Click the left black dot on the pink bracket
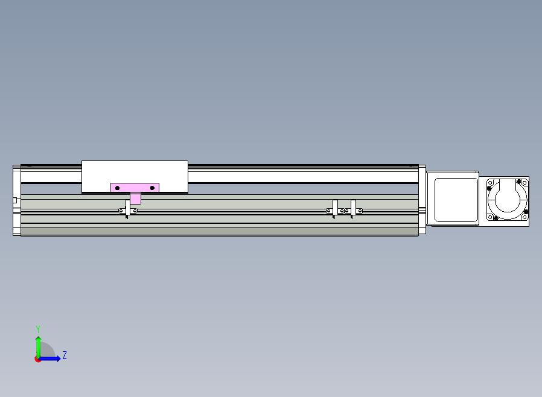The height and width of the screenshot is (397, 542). point(117,188)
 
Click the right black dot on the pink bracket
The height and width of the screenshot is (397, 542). point(152,188)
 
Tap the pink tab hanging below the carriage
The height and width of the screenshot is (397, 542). point(135,198)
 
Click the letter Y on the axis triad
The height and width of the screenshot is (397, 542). point(38,329)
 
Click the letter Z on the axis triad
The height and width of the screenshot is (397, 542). point(65,355)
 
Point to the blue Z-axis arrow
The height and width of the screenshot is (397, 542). point(49,359)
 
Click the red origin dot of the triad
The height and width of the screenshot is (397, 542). point(37,360)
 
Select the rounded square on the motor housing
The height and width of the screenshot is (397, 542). point(456,200)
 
